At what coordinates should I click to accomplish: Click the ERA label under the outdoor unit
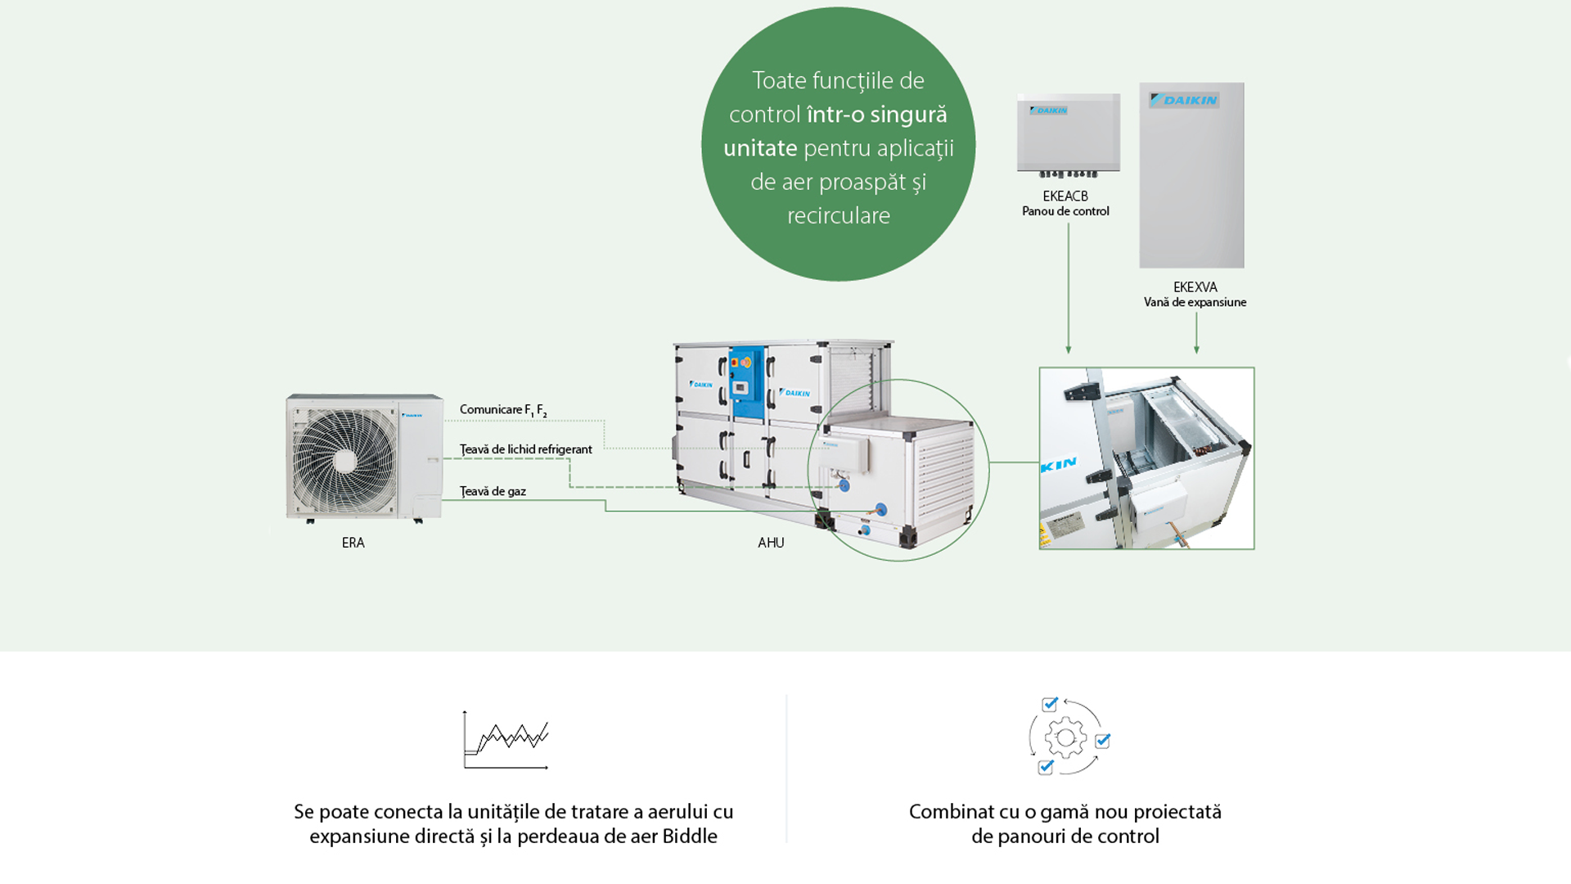tap(353, 543)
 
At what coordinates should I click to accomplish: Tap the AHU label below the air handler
tap(771, 543)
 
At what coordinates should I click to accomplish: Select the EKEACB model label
tap(1065, 196)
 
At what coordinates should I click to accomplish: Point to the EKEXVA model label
tap(1195, 287)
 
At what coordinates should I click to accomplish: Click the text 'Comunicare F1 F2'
tap(502, 410)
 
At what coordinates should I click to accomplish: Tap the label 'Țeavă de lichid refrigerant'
tap(525, 449)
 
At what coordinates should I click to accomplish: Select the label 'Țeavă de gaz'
tap(493, 491)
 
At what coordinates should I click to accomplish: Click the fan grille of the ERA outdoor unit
tap(344, 461)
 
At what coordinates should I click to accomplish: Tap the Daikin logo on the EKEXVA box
tap(1184, 100)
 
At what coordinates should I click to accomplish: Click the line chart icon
tap(506, 740)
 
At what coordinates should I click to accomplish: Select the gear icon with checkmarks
tap(1067, 737)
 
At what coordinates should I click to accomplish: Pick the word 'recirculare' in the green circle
tap(838, 216)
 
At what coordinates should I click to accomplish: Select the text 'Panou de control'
tap(1065, 211)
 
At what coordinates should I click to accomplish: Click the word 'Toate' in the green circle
tap(779, 81)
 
